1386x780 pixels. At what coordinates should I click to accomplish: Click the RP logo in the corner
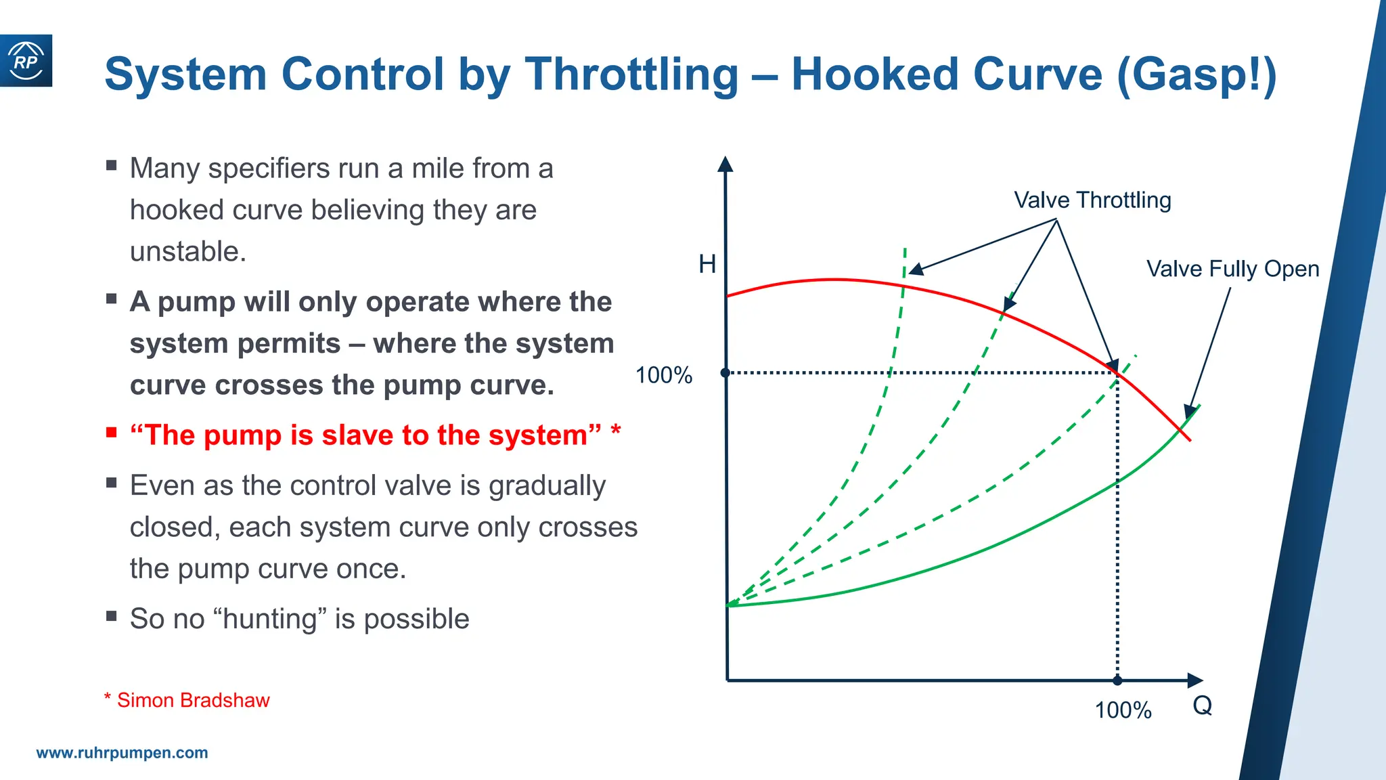coord(26,61)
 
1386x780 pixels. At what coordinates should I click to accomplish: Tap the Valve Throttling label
coord(1092,200)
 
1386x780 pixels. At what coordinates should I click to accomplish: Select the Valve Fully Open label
coord(1232,269)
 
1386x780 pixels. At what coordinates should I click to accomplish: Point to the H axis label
coord(707,264)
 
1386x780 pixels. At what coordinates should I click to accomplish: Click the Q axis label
coord(1202,706)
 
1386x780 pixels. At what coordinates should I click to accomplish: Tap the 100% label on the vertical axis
coord(663,375)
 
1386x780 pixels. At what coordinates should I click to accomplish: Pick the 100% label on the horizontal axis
coord(1123,710)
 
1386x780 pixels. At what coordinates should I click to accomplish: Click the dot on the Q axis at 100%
coord(1117,680)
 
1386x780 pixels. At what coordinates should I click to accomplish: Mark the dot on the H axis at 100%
coord(725,373)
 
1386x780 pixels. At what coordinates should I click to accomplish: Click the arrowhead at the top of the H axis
coord(725,164)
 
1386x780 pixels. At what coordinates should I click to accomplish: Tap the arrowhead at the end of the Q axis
coord(1194,680)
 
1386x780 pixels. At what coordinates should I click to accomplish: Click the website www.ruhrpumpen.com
coord(122,753)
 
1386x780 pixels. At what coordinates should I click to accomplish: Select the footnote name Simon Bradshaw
coord(193,700)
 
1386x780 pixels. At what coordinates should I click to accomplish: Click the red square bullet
coord(112,433)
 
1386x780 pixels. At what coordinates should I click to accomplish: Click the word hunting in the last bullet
coord(270,619)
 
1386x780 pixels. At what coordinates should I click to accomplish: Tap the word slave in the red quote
coord(357,435)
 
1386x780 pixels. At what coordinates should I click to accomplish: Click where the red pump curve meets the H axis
coord(728,296)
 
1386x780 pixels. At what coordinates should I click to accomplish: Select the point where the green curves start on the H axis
coord(728,605)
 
